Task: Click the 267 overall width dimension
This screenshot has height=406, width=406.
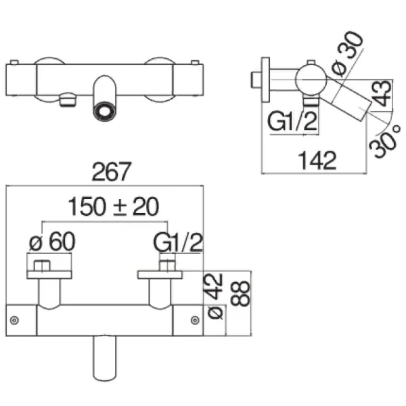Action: tap(112, 171)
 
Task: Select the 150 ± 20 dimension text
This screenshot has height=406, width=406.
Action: tap(113, 206)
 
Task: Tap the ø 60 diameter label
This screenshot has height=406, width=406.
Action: tap(52, 242)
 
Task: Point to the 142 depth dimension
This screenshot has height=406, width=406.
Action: tap(317, 160)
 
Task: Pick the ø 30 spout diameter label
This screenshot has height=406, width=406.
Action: tap(348, 54)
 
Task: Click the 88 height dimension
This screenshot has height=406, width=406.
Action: tap(240, 294)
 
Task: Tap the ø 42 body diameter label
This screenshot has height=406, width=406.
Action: tap(215, 296)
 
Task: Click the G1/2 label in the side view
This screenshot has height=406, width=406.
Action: tap(292, 121)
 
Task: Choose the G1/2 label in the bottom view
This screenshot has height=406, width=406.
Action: tap(178, 242)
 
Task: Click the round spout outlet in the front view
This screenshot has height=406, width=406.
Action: tap(104, 112)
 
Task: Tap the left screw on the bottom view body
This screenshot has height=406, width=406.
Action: tap(14, 320)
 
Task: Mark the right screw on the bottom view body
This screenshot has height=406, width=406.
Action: tap(195, 320)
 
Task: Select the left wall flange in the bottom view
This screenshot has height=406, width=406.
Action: tap(49, 275)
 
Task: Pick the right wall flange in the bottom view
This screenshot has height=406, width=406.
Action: tap(160, 275)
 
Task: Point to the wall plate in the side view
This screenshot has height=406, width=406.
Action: tap(266, 79)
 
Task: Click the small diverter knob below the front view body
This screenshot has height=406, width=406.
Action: tap(68, 99)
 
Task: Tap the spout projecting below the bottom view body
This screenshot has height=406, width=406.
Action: tap(105, 359)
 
